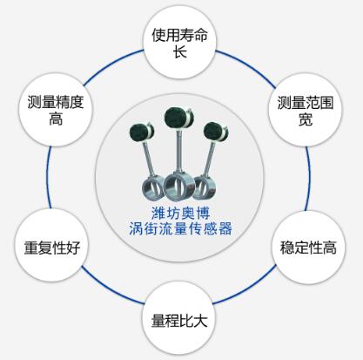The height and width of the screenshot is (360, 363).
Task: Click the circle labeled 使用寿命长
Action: point(179,43)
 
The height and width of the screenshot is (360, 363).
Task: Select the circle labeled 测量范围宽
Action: point(305,110)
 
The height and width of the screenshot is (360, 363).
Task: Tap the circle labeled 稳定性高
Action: point(308,248)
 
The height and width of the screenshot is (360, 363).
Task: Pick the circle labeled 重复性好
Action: point(51,246)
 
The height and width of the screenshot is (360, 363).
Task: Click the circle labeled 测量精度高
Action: point(55,110)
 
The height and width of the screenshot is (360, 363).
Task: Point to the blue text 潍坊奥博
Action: point(180,214)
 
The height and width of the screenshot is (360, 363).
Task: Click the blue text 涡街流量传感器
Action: point(180,228)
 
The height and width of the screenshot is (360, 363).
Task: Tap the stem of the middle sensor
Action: point(178,151)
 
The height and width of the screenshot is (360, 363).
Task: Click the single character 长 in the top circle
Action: point(180,52)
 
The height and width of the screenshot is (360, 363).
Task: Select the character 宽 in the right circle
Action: point(306,119)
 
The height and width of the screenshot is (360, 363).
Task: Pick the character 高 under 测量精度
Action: point(56,119)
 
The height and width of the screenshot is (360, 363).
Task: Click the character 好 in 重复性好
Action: point(73,248)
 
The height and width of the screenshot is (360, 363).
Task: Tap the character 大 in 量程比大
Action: point(200,320)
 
